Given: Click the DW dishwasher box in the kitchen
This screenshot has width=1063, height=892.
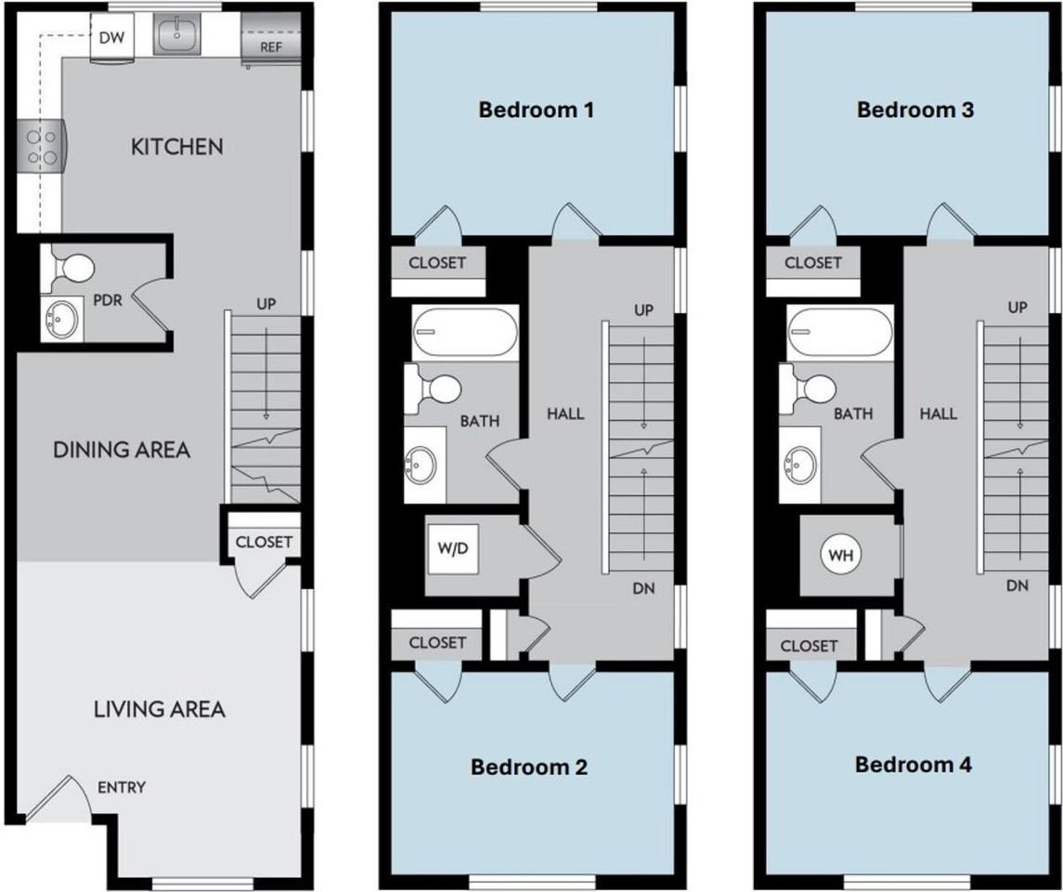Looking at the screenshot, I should click(x=111, y=40).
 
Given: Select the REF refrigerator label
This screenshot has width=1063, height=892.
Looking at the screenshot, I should click(x=272, y=46).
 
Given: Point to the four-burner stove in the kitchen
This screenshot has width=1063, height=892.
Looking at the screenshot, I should click(x=39, y=148).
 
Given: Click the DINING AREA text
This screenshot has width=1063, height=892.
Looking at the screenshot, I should click(x=121, y=450).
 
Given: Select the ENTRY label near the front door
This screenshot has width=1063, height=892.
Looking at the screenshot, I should click(x=121, y=788).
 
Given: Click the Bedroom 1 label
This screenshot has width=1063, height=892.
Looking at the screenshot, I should click(x=536, y=111).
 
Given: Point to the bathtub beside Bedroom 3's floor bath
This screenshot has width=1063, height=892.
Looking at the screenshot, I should click(x=840, y=332).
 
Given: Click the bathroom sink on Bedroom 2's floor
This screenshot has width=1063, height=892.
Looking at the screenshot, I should click(x=423, y=462).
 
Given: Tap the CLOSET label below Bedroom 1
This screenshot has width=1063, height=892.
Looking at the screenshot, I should click(x=437, y=263).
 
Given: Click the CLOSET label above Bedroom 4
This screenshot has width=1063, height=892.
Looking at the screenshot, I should click(x=810, y=646).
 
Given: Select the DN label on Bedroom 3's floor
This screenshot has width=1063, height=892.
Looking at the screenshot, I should click(x=1018, y=585).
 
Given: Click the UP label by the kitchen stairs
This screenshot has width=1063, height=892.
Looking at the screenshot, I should click(x=266, y=304).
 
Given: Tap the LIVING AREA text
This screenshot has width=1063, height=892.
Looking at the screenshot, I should click(x=160, y=710).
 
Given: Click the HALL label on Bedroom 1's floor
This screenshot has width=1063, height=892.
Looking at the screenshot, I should click(x=565, y=413).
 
